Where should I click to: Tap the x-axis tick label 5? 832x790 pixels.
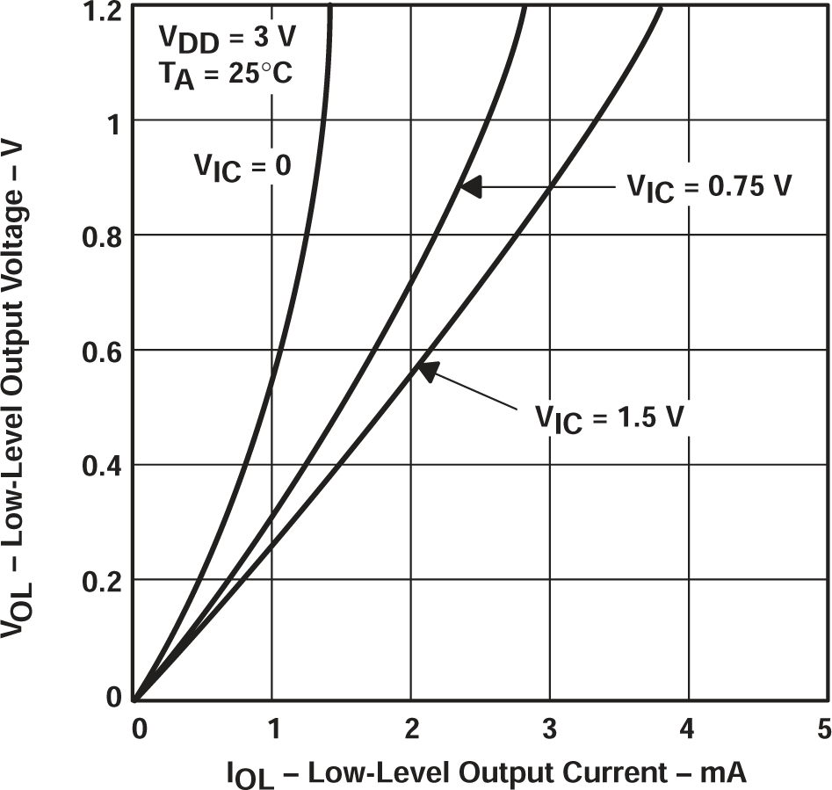point(823,728)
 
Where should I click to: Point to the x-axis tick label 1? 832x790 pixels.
point(273,728)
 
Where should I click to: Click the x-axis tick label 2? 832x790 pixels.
point(411,728)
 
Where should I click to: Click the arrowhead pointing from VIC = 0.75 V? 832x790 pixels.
point(471,186)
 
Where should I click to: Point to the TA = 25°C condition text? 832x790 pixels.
point(224,76)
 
